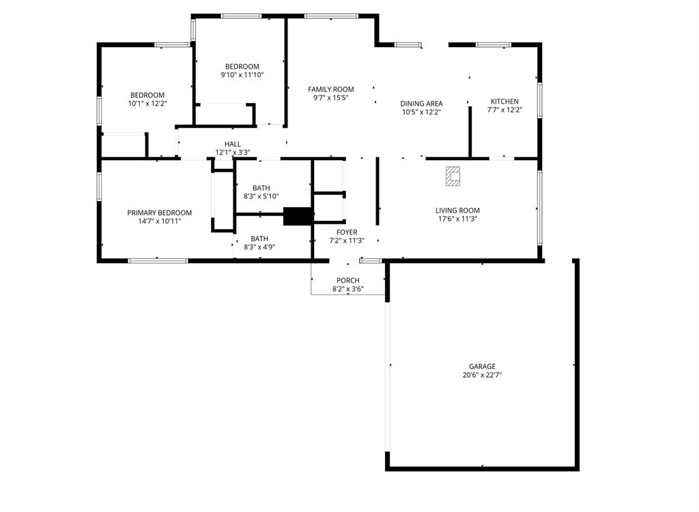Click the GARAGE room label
click(x=482, y=366)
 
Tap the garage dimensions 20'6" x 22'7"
click(x=482, y=375)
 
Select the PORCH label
click(x=348, y=280)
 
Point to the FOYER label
click(x=347, y=232)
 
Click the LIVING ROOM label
click(x=457, y=211)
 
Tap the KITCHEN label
click(x=504, y=102)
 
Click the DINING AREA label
click(x=421, y=104)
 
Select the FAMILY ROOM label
click(x=330, y=89)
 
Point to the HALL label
click(x=233, y=144)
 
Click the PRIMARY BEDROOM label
click(x=159, y=213)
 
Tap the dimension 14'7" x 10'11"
click(x=159, y=221)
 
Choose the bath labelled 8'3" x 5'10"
click(x=261, y=196)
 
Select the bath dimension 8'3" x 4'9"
click(x=259, y=247)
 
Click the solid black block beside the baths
click(x=298, y=216)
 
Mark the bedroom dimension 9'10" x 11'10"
click(x=242, y=75)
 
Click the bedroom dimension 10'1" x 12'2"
click(x=147, y=104)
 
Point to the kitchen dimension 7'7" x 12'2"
click(x=504, y=110)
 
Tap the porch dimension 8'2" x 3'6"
click(x=348, y=289)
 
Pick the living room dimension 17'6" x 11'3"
click(x=457, y=220)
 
